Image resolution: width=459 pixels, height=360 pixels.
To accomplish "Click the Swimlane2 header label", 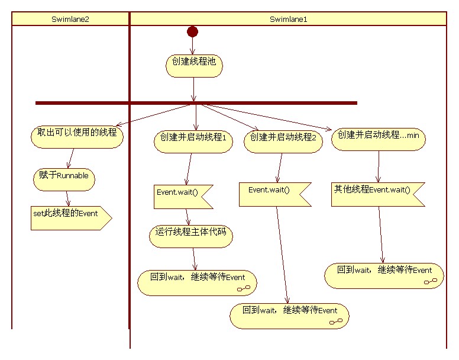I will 70,19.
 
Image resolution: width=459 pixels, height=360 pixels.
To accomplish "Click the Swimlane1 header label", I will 288,19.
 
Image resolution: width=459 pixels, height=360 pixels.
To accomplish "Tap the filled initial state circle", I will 192,31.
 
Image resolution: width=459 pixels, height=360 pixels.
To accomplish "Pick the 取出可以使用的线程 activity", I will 77,137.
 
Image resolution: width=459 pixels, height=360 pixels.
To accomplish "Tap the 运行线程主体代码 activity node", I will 190,236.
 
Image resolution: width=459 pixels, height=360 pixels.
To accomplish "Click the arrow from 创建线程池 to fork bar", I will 194,89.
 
